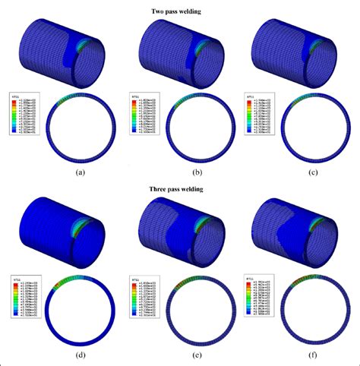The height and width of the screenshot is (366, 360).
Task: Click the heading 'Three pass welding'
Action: tap(180, 189)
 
